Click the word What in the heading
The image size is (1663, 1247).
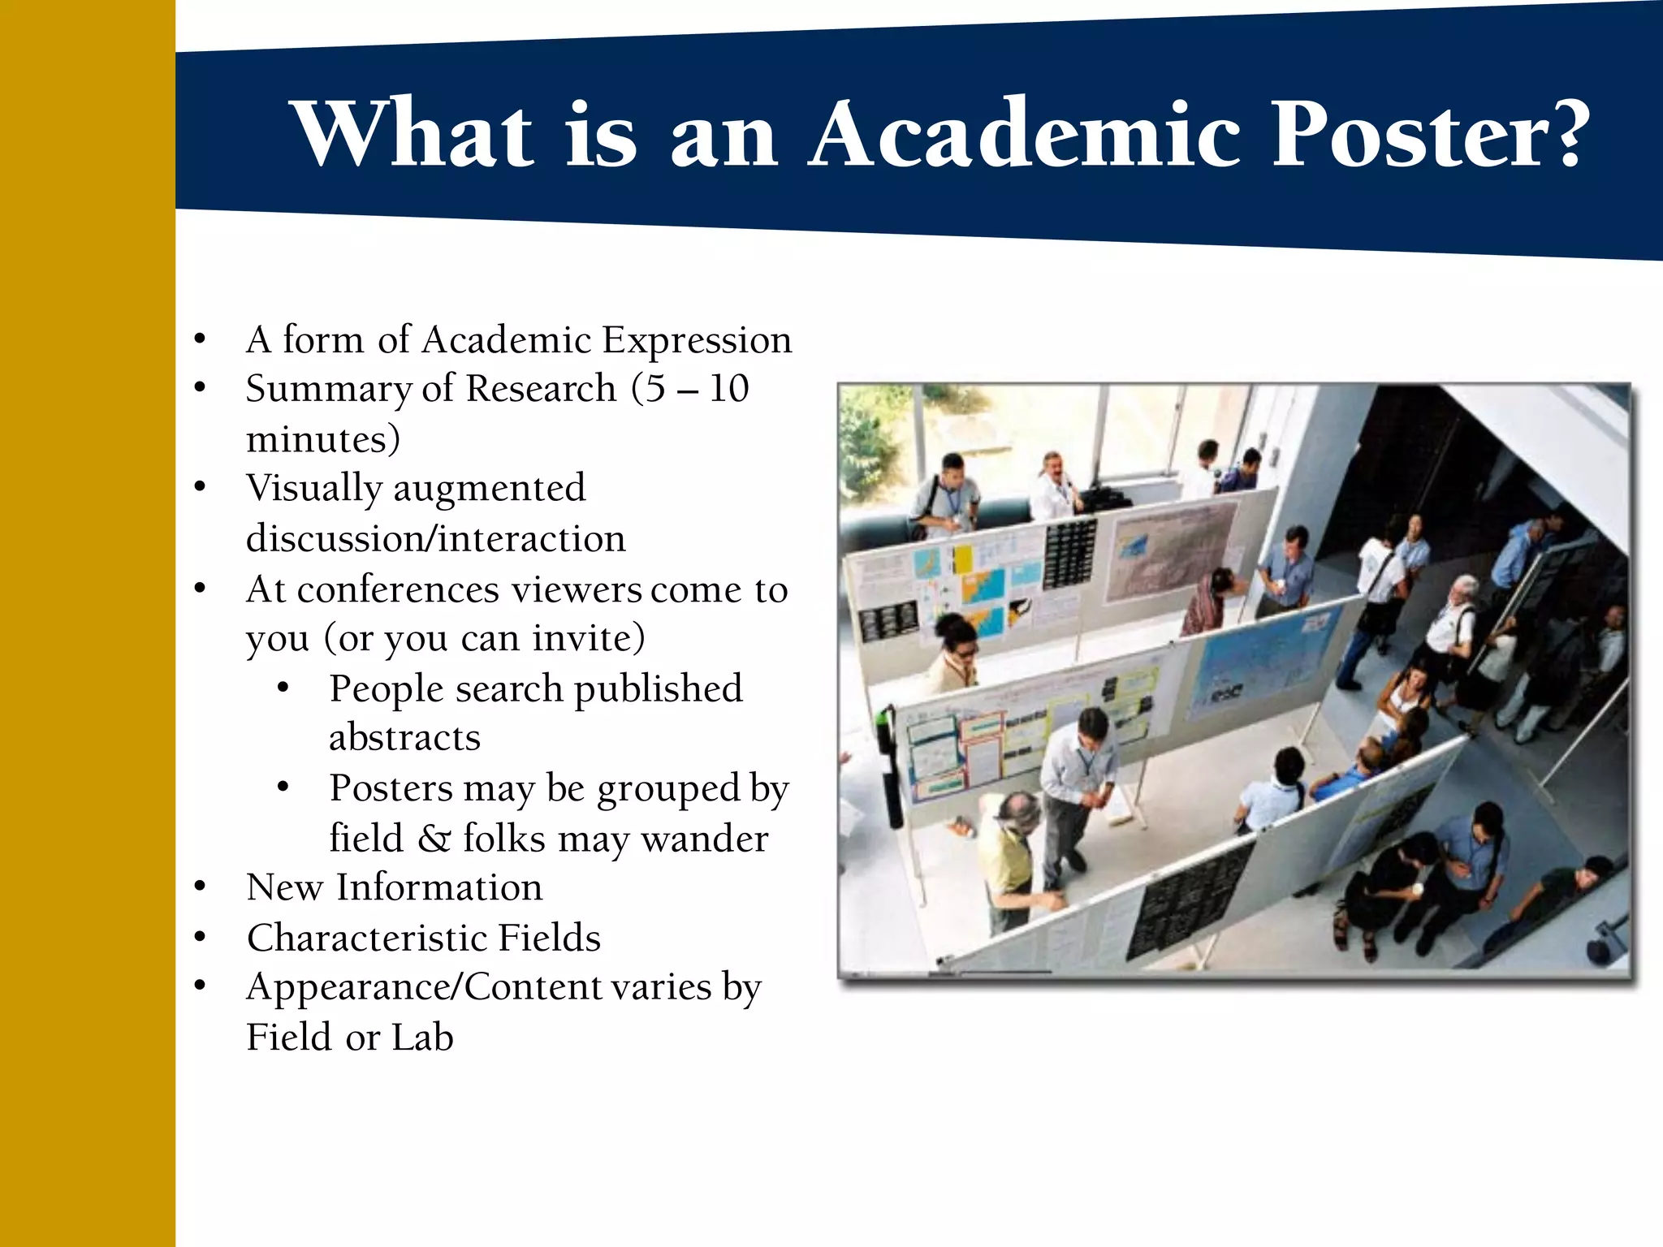coord(414,134)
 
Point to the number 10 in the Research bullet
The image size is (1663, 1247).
coord(728,389)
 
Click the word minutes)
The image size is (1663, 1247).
coord(323,440)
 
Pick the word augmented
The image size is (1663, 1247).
coord(489,489)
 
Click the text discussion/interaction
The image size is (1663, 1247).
coord(436,539)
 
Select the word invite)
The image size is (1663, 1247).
coord(589,639)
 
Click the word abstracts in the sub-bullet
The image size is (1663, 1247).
coord(404,738)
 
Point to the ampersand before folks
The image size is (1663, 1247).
coord(434,839)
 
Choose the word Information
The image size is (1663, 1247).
coord(439,887)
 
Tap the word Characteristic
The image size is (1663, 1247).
coord(365,938)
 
